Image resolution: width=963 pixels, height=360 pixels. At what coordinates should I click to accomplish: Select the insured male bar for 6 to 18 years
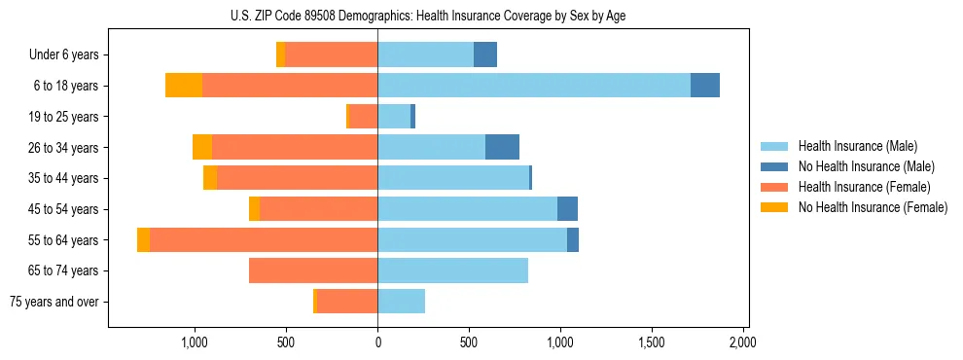point(534,86)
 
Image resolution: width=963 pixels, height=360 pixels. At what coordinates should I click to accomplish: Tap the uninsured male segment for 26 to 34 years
point(502,147)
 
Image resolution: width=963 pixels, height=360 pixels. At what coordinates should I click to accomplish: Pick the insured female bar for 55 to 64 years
point(264,239)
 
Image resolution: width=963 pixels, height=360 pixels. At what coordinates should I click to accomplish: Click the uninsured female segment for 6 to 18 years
point(184,86)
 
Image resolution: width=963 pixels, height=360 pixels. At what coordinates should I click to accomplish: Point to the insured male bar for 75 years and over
point(402,302)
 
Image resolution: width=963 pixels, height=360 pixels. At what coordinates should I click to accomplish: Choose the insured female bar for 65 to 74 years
point(313,270)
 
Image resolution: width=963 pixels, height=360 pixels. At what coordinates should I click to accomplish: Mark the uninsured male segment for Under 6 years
point(485,54)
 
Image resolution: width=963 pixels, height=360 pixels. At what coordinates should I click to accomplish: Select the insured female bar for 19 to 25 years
point(364,117)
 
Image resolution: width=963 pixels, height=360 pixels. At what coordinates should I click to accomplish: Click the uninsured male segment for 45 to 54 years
point(567,209)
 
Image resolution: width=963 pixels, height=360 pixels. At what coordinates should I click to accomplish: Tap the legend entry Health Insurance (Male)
point(857,146)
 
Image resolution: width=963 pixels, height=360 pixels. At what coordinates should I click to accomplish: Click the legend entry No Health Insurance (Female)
point(873,207)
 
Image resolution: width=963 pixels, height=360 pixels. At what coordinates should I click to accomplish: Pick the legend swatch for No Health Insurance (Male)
point(775,166)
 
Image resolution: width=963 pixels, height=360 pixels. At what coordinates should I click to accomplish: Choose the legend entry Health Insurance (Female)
point(864,187)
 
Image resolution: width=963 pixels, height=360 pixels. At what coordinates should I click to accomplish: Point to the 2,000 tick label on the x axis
point(742,342)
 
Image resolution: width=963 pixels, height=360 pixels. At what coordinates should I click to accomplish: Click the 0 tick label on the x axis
point(377,342)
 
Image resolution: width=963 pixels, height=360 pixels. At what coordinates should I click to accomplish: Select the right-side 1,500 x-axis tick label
point(651,342)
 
